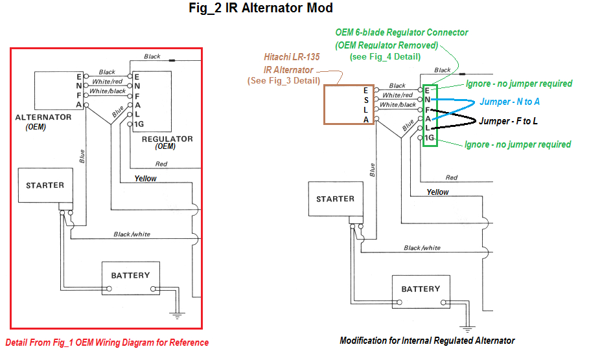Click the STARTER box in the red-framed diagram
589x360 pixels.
tap(45, 185)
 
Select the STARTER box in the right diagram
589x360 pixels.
tap(335, 199)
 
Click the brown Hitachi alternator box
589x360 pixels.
tap(349, 104)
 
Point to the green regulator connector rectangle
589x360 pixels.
tap(430, 115)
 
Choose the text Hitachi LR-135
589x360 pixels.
tap(293, 57)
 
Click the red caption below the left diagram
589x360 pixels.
tap(107, 343)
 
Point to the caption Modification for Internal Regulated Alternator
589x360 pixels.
tap(427, 341)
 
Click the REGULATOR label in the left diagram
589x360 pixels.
tap(167, 139)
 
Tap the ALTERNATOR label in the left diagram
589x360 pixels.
tap(43, 117)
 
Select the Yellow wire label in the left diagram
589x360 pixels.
tap(145, 178)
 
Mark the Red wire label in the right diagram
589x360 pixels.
tap(452, 177)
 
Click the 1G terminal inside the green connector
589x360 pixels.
tap(429, 139)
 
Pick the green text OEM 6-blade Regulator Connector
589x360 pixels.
tap(401, 32)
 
